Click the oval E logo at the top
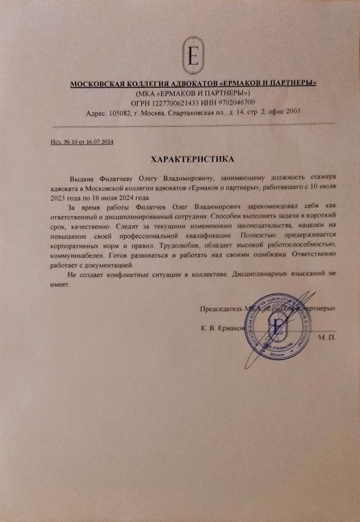point(194,57)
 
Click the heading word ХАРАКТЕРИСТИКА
point(193,159)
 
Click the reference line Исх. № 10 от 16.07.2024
point(82,142)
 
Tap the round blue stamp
point(278,327)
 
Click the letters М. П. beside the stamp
point(326,338)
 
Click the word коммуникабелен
point(76,256)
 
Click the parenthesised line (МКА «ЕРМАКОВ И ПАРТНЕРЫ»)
point(193,93)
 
